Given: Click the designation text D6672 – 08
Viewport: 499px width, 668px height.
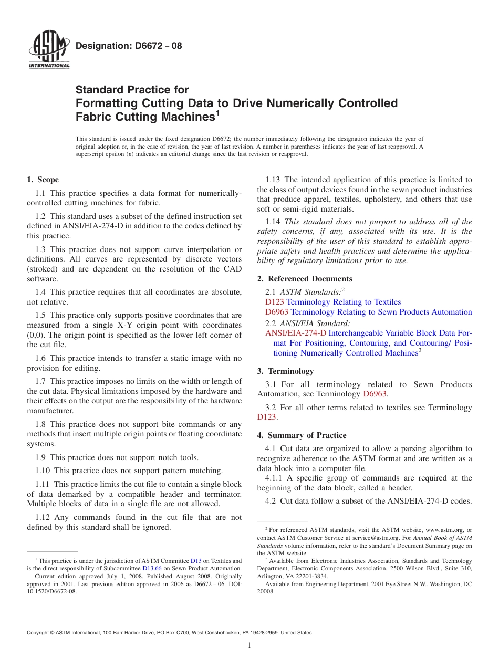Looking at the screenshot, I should pyautogui.click(x=129, y=46).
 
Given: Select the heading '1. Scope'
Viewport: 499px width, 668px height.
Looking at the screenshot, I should pyautogui.click(x=43, y=180).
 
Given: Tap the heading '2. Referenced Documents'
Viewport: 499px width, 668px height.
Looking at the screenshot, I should pyautogui.click(x=305, y=279).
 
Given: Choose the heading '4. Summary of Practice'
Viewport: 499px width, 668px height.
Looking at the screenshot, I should pyautogui.click(x=302, y=435).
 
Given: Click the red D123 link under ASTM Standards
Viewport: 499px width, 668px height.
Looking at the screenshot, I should pyautogui.click(x=275, y=302).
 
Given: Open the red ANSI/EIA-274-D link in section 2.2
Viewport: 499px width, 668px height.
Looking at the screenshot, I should pyautogui.click(x=296, y=333).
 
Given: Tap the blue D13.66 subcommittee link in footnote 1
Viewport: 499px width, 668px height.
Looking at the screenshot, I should pyautogui.click(x=152, y=568).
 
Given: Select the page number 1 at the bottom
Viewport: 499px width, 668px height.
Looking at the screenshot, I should pyautogui.click(x=250, y=645).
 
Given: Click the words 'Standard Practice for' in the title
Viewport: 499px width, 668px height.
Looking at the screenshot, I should pyautogui.click(x=132, y=90).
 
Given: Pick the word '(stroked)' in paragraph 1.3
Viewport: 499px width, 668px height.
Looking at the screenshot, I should pyautogui.click(x=41, y=269).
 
